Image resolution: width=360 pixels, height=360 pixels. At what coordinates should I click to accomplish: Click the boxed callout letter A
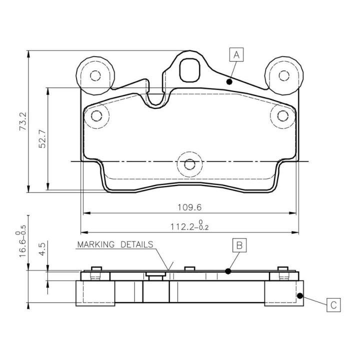point(236,54)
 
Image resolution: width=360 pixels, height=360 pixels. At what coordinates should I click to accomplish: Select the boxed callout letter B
point(239,245)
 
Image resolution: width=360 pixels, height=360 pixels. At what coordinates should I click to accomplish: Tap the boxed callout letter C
point(333,305)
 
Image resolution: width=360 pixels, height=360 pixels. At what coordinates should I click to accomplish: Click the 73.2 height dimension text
point(23,121)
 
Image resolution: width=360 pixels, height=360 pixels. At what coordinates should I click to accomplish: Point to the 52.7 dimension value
point(42,139)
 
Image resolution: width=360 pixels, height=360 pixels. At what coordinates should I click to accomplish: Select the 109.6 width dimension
point(189,207)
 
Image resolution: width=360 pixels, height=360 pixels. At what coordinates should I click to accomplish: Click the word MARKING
point(95,244)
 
